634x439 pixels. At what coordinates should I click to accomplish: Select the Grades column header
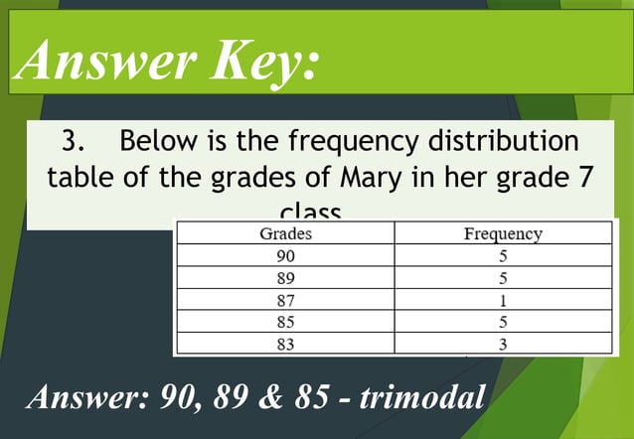coord(285,235)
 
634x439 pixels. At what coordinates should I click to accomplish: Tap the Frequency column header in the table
coord(503,235)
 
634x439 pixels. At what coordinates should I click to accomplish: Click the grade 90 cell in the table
coord(285,257)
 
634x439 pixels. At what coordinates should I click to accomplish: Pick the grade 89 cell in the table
coord(285,279)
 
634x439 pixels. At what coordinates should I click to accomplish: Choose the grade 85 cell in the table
coord(285,323)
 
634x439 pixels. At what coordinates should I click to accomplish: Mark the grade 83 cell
coord(285,344)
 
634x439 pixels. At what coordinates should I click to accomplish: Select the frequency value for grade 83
coord(503,344)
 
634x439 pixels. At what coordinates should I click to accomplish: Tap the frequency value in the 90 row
coord(503,257)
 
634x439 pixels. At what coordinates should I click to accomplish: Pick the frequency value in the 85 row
coord(503,323)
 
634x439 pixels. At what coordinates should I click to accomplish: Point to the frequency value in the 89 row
coord(503,279)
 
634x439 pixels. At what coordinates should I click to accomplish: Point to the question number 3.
coord(72,141)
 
